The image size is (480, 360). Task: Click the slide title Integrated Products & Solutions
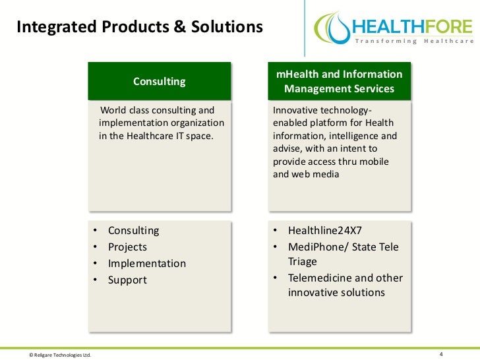tap(139, 27)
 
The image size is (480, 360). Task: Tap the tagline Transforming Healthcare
tap(415, 42)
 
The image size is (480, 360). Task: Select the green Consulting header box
tap(160, 82)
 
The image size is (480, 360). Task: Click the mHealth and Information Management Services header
tap(340, 82)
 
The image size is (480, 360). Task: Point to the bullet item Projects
tap(127, 247)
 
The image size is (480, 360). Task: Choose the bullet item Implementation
tap(146, 264)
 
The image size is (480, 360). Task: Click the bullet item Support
tap(127, 280)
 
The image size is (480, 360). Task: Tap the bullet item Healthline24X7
tap(325, 231)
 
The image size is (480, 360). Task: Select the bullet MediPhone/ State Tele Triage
tap(343, 254)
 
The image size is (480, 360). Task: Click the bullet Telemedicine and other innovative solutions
tap(345, 285)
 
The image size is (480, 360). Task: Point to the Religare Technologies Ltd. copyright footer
tap(59, 354)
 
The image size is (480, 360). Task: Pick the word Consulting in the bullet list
tap(133, 231)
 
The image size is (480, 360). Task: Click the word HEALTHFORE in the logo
tap(413, 27)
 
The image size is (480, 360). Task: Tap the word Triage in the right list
tap(303, 262)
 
